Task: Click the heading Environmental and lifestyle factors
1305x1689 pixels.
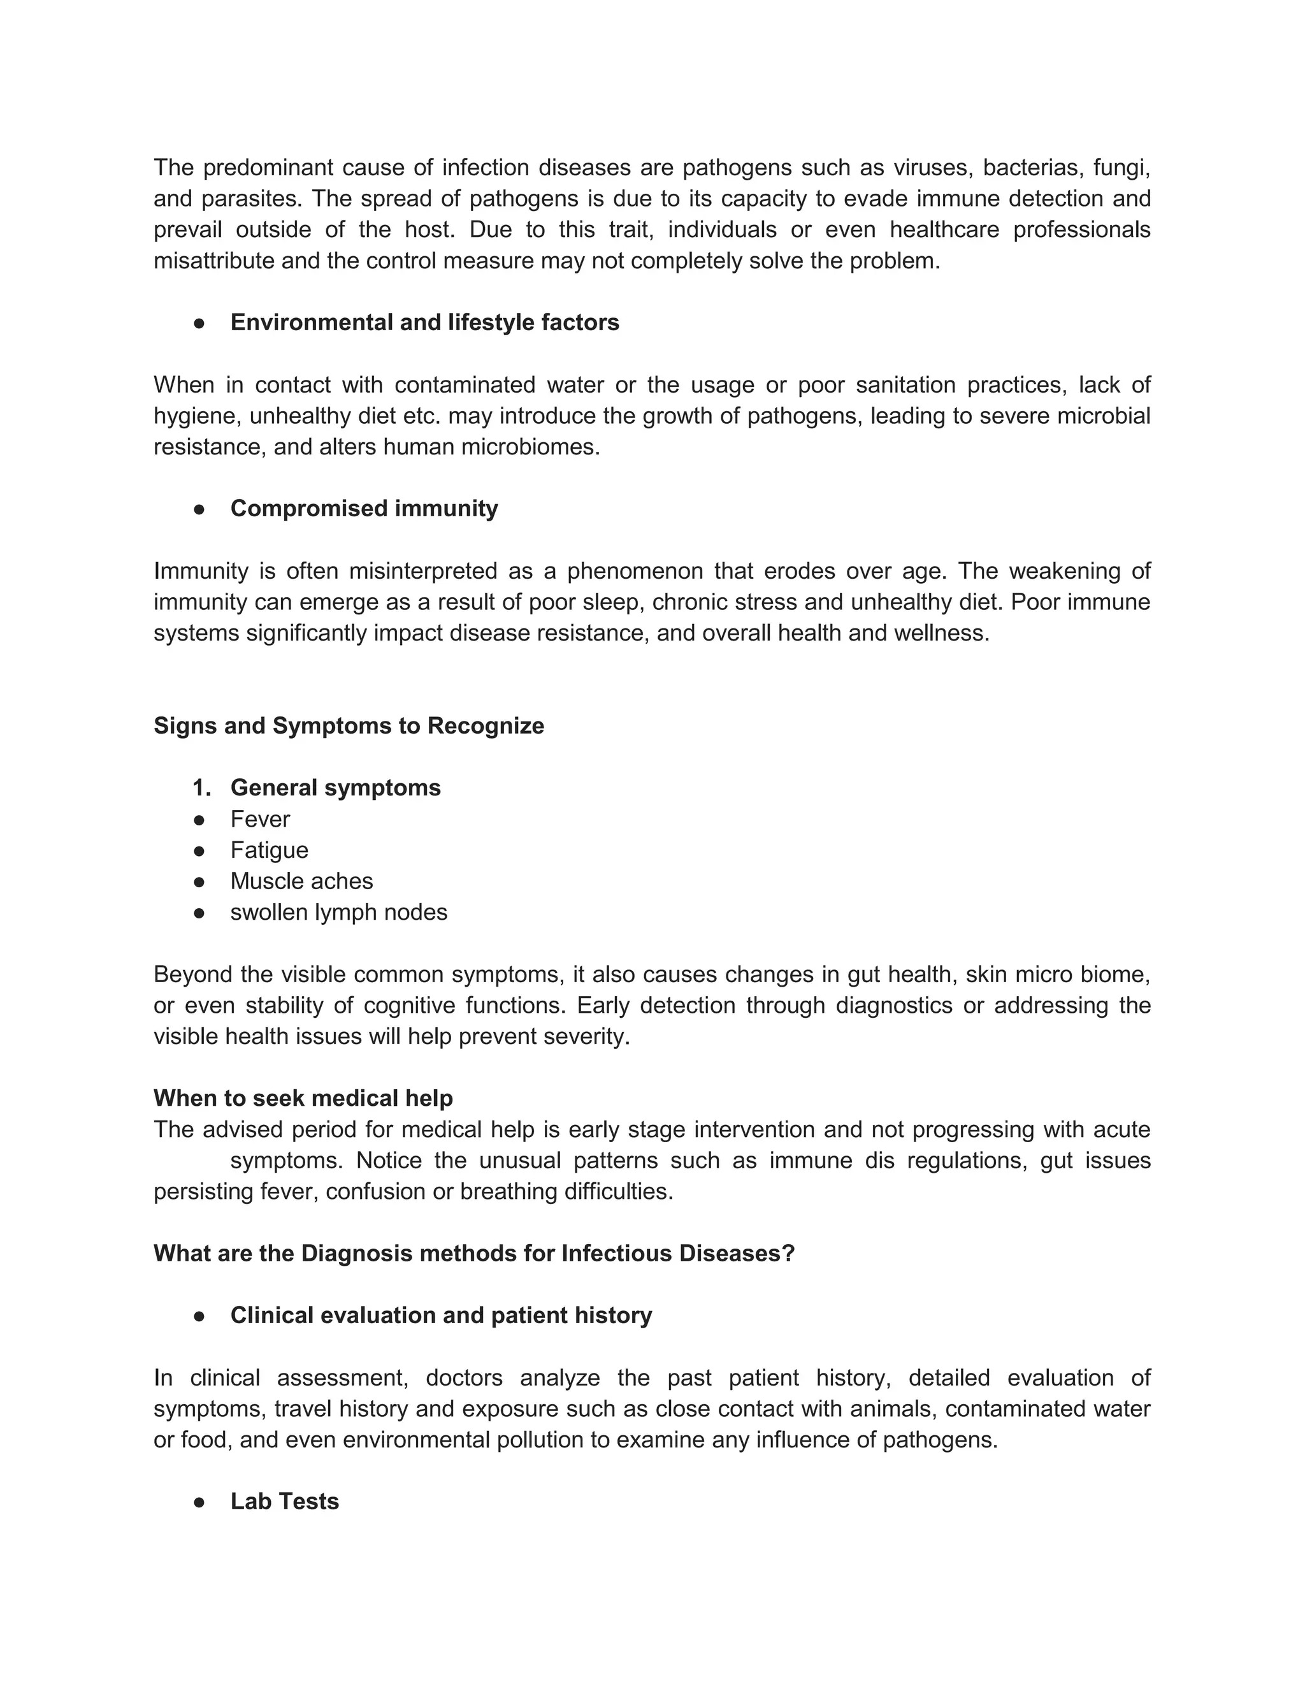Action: point(424,323)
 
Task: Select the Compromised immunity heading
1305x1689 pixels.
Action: point(363,509)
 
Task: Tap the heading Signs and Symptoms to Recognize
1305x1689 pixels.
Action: point(349,726)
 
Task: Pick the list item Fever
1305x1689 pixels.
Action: point(260,819)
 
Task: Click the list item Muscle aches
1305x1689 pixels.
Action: point(301,881)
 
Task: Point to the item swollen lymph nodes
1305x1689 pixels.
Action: point(338,913)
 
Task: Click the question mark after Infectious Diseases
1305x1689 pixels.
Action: point(789,1254)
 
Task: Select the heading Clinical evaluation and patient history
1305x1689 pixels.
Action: point(441,1316)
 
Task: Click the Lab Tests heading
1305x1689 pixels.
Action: point(284,1502)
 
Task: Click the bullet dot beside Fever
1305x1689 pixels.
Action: point(199,820)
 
